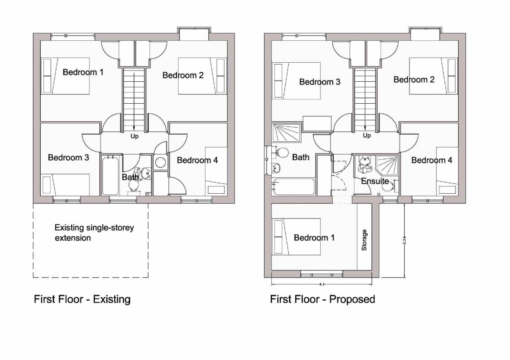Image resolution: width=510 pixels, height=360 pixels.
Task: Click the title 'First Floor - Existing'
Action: pyautogui.click(x=82, y=299)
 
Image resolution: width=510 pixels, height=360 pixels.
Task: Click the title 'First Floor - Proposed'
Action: pyautogui.click(x=322, y=299)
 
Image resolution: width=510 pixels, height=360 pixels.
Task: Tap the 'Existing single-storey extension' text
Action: pyautogui.click(x=94, y=233)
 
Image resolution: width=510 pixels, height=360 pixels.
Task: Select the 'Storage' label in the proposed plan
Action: pyautogui.click(x=364, y=240)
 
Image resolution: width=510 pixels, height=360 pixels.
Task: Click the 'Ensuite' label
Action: pyautogui.click(x=375, y=181)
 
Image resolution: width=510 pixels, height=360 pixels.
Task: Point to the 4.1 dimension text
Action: pyautogui.click(x=322, y=284)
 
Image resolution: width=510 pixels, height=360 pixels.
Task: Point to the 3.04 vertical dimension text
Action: pyautogui.click(x=404, y=240)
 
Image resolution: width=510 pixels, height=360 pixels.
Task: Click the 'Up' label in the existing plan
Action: pyautogui.click(x=134, y=136)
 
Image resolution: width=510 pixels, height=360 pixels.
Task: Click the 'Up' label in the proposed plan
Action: pyautogui.click(x=367, y=135)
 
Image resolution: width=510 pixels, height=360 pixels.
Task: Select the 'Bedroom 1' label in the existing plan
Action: pyautogui.click(x=83, y=72)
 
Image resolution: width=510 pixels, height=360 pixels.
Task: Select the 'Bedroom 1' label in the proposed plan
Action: pyautogui.click(x=314, y=238)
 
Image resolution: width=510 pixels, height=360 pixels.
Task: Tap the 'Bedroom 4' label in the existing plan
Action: pyautogui.click(x=197, y=160)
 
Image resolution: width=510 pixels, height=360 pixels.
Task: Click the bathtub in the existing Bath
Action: pyautogui.click(x=110, y=175)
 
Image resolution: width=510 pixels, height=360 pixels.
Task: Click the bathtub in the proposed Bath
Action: pyautogui.click(x=293, y=187)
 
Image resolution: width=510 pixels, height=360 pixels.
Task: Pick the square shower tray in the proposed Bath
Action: pyautogui.click(x=286, y=133)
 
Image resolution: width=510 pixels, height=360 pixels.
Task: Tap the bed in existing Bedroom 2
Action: pyautogui.click(x=202, y=76)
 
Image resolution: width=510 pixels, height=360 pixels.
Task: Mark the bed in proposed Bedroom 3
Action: pyautogui.click(x=296, y=81)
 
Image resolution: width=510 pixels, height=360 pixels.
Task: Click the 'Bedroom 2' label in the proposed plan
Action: pyautogui.click(x=414, y=79)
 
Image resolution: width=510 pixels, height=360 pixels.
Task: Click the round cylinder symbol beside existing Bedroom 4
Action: pyautogui.click(x=161, y=162)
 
